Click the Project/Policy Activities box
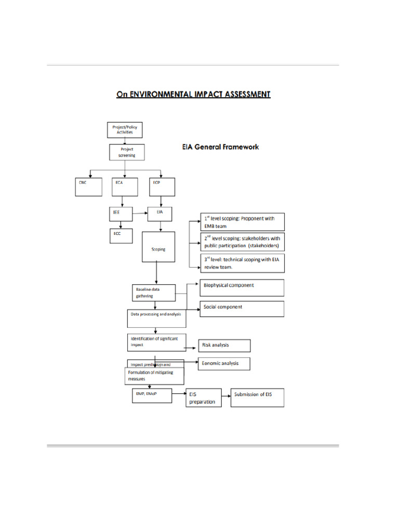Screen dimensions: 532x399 [x=124, y=129]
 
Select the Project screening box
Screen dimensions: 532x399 [x=126, y=152]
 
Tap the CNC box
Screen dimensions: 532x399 [x=88, y=187]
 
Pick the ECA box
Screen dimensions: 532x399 [x=124, y=187]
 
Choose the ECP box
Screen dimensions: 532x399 [x=162, y=187]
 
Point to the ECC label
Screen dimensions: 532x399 [x=117, y=233]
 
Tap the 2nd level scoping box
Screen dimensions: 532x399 [x=242, y=242]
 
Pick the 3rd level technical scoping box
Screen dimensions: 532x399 [x=242, y=262]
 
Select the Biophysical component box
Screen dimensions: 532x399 [x=242, y=287]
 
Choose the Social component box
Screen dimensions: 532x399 [x=242, y=309]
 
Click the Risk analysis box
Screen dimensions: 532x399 [x=224, y=345]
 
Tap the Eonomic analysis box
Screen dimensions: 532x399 [x=224, y=364]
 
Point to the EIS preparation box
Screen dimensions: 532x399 [x=203, y=398]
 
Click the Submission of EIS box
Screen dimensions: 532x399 [x=257, y=397]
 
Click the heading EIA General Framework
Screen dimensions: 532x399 [x=220, y=147]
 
